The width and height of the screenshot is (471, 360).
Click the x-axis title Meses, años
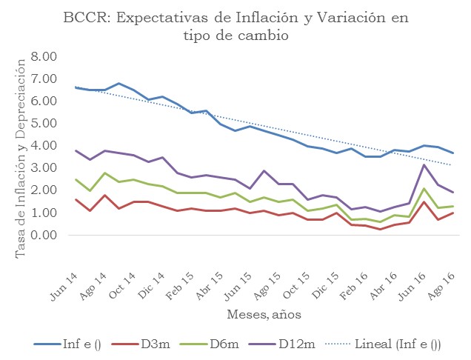[264, 315]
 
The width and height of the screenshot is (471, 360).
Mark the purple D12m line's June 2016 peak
[423, 165]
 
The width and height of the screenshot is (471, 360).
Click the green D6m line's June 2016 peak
[423, 189]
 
